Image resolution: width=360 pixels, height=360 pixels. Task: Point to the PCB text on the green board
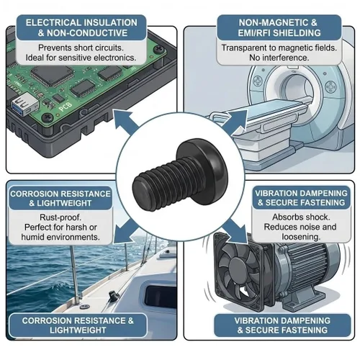(65, 107)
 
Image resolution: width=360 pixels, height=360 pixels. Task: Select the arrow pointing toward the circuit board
(125, 122)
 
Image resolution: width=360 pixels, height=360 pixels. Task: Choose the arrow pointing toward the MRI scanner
(235, 123)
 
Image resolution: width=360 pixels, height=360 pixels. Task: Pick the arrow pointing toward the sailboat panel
(125, 231)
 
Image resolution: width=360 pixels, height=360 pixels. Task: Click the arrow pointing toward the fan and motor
(235, 231)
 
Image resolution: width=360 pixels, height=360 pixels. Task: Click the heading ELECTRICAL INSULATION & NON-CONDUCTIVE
(81, 28)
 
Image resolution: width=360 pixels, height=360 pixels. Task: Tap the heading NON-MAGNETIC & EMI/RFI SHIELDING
(279, 28)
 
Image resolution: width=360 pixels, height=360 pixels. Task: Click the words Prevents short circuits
(81, 48)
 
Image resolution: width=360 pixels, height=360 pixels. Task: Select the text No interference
(279, 58)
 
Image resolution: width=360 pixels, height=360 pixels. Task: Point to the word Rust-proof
(60, 217)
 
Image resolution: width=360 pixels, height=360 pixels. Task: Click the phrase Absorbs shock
(301, 217)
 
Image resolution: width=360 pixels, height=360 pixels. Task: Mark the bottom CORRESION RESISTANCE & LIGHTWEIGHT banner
(78, 325)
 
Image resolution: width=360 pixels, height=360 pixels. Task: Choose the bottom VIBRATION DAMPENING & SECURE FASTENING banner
(282, 325)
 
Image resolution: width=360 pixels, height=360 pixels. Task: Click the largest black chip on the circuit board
(52, 75)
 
